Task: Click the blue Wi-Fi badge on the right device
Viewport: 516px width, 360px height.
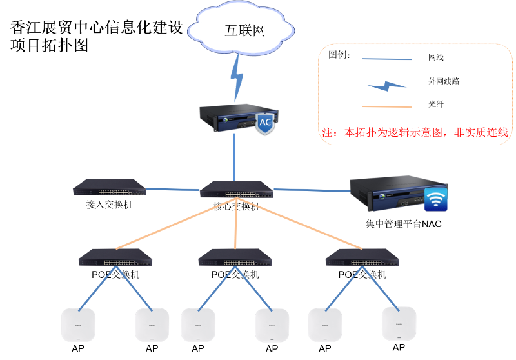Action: point(436,200)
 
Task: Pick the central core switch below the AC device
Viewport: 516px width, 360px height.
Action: point(236,189)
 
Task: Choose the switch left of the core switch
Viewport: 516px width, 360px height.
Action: point(109,187)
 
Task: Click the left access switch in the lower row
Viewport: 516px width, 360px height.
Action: point(115,257)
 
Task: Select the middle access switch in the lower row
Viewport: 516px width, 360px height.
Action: point(235,257)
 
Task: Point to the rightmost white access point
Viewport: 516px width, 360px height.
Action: point(399,324)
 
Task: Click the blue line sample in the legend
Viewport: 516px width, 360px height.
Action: point(386,59)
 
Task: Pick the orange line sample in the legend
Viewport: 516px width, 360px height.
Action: point(386,106)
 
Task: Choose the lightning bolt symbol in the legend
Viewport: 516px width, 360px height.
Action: point(386,85)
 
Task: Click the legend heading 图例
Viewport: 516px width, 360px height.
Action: point(339,55)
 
